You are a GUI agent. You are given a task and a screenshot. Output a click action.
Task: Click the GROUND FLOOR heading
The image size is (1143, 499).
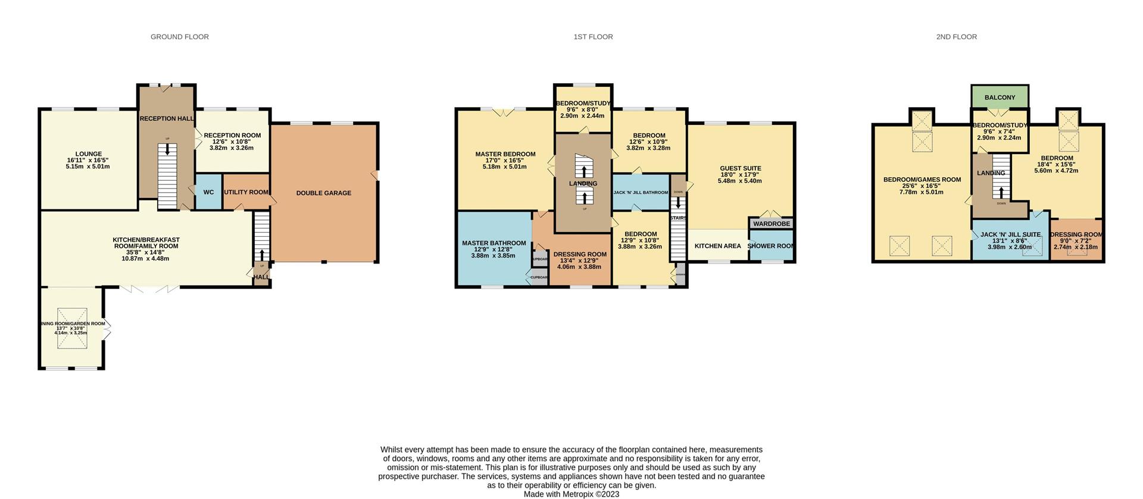(179, 37)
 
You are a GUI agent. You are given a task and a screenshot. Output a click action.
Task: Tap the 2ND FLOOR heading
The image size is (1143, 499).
(956, 37)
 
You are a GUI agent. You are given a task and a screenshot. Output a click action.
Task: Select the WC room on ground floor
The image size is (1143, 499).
(208, 192)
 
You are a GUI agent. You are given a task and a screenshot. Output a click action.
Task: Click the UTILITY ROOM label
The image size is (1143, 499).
(246, 192)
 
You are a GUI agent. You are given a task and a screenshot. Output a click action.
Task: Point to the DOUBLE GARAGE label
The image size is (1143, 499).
(324, 193)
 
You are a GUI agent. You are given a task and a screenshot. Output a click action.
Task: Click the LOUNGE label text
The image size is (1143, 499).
(88, 154)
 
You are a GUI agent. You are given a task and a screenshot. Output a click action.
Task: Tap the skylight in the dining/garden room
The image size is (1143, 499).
(72, 324)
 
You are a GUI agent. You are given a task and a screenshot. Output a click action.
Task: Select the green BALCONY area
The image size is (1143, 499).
(1000, 98)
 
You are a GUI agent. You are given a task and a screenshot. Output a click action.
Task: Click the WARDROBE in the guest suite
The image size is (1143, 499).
(772, 224)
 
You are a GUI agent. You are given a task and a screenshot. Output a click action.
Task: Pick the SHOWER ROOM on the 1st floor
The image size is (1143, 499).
(771, 246)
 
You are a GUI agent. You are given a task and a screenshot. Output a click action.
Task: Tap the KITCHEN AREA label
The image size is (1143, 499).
(717, 246)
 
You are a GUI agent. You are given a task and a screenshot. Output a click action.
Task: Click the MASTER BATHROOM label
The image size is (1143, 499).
(494, 243)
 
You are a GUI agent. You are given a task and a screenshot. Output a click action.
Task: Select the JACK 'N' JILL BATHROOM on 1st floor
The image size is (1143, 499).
(641, 193)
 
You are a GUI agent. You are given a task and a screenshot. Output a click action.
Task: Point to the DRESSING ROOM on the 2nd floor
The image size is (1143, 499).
(1076, 235)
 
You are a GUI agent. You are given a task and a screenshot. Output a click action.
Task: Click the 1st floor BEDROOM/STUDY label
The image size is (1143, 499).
(583, 103)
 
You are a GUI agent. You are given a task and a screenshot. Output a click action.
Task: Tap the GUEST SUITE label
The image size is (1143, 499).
(740, 168)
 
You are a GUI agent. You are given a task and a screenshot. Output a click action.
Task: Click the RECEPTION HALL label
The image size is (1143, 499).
(167, 119)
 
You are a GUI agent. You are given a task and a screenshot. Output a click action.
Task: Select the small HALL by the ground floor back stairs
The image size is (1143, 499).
(261, 277)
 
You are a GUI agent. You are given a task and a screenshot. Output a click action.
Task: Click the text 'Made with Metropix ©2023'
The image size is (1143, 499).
(571, 494)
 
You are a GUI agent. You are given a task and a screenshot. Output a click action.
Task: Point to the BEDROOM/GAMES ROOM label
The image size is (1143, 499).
(922, 180)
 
